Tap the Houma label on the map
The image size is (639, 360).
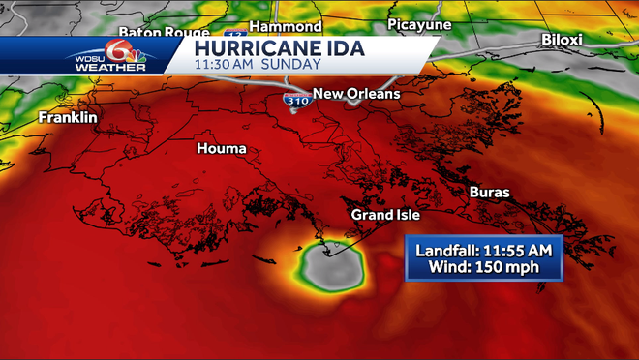pyautogui.click(x=221, y=148)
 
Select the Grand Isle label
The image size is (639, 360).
pyautogui.click(x=385, y=214)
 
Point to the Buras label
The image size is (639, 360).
pyautogui.click(x=489, y=192)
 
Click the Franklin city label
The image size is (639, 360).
pyautogui.click(x=68, y=117)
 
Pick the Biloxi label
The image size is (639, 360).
pyautogui.click(x=562, y=40)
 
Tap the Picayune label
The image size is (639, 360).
pyautogui.click(x=419, y=23)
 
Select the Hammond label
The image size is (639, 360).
pyautogui.click(x=285, y=25)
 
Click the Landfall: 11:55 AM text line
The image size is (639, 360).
pyautogui.click(x=483, y=249)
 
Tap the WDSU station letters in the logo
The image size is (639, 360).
pyautogui.click(x=89, y=55)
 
